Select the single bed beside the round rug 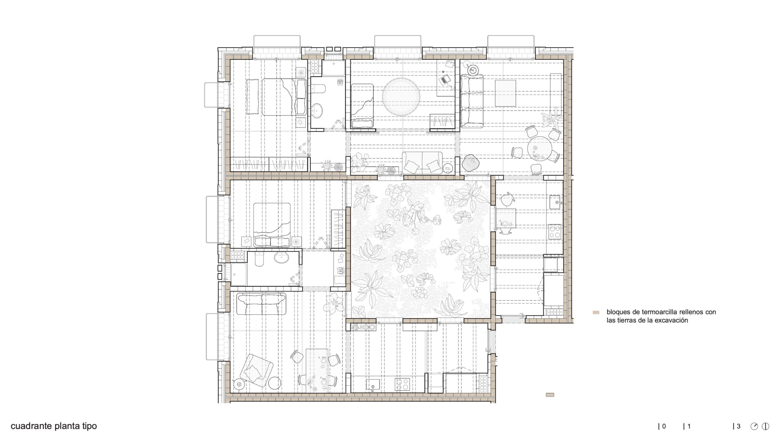[x=362, y=106]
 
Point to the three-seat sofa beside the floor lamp [x=472, y=101]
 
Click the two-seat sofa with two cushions [x=422, y=163]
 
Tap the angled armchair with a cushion [x=256, y=371]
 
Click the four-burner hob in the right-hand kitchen [x=555, y=231]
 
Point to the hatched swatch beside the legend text [x=596, y=312]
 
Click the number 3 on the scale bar [x=738, y=426]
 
